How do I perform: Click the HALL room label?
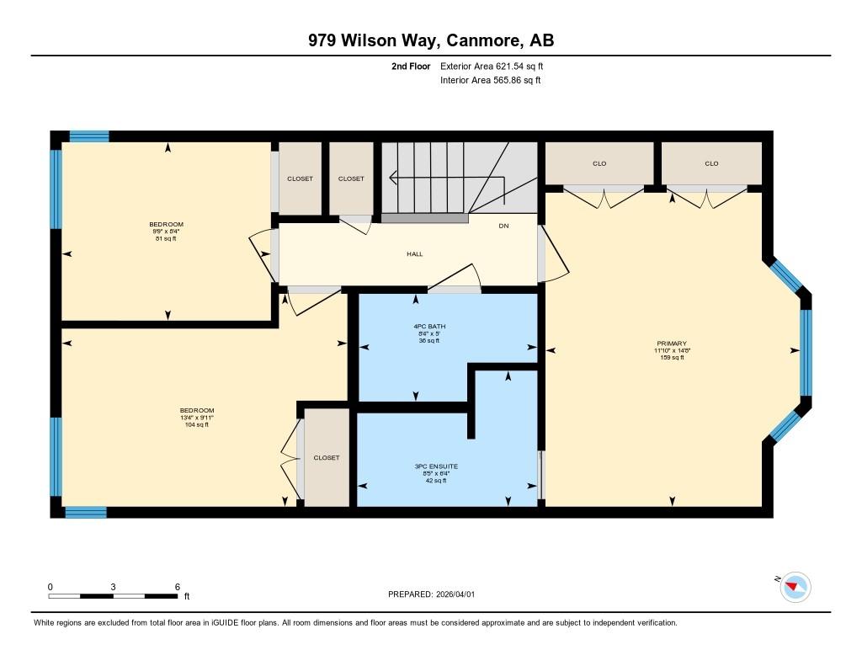click(414, 254)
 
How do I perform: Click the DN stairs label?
click(503, 226)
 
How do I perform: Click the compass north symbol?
click(795, 587)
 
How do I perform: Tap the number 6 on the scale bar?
click(177, 587)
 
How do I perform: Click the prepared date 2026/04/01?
click(455, 594)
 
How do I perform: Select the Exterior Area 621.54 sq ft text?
click(492, 66)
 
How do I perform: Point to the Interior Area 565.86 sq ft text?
click(491, 80)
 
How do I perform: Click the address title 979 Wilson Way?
click(373, 40)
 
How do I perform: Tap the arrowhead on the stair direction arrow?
click(393, 178)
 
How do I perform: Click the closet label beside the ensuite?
click(327, 457)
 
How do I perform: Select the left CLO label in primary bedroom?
click(599, 163)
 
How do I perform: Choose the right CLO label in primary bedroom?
click(711, 163)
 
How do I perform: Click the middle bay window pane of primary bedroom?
click(806, 353)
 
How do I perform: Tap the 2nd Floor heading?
click(411, 66)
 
